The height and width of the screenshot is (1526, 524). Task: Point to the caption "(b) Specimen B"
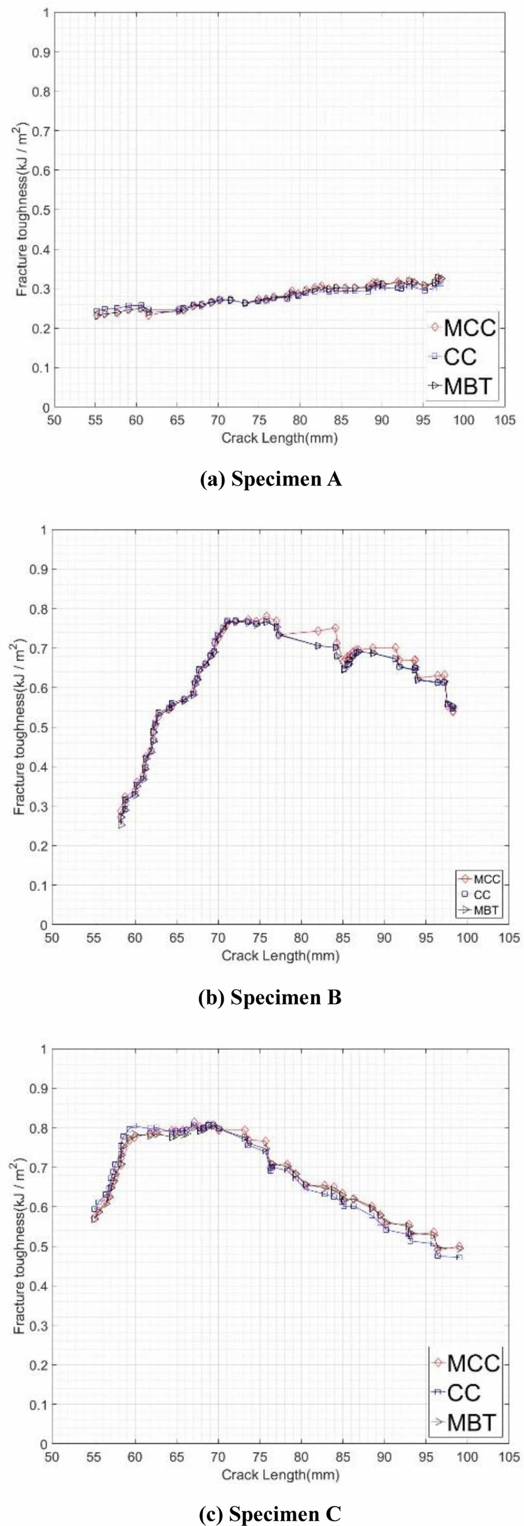click(270, 997)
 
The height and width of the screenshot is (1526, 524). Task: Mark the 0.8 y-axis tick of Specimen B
click(40, 609)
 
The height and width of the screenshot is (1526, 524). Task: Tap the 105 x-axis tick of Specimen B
click(507, 938)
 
